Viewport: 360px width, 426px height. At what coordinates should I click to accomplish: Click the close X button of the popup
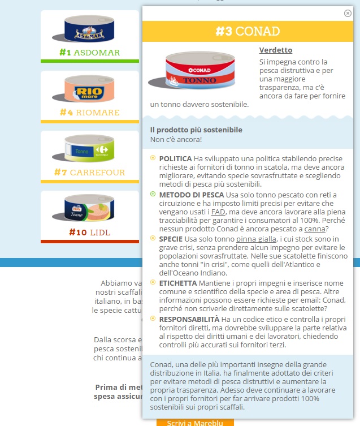348,14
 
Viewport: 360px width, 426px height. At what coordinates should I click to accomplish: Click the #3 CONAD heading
248,32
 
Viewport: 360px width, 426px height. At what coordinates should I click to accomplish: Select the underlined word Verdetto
276,50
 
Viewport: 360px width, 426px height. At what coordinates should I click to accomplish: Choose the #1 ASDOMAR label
89,53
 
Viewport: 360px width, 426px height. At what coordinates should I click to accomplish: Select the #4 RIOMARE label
89,113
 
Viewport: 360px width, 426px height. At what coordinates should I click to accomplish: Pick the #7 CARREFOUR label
89,172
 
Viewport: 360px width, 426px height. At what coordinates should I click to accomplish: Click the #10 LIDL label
89,233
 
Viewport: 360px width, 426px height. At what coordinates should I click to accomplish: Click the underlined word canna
315,229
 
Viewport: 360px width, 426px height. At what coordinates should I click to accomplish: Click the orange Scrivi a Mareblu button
195,422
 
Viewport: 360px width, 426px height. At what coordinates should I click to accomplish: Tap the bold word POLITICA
175,159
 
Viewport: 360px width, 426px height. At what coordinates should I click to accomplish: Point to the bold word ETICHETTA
178,282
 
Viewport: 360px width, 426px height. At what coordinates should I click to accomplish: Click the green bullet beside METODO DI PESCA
153,194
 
